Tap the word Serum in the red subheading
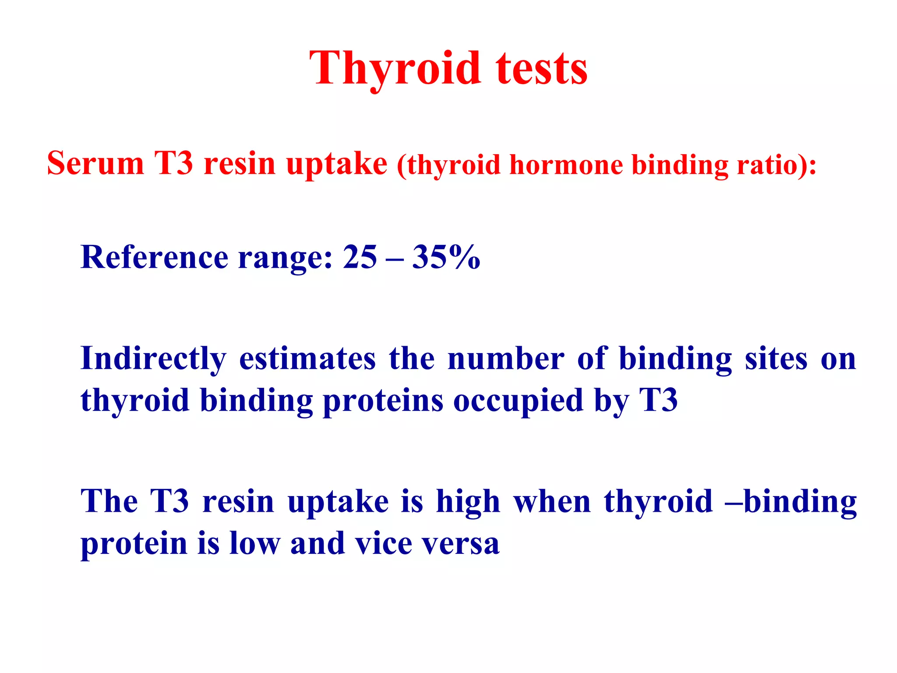point(95,163)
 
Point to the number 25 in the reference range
point(360,257)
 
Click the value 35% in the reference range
point(446,257)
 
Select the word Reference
point(154,257)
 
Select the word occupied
point(518,401)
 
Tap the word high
point(468,502)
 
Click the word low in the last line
point(254,543)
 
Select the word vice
point(383,543)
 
